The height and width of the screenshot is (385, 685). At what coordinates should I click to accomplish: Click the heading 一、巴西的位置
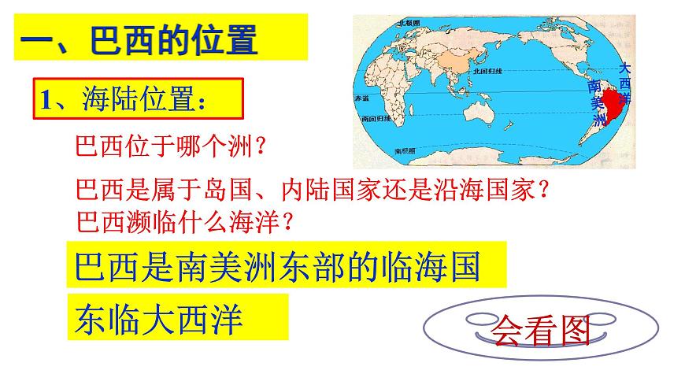pyautogui.click(x=139, y=39)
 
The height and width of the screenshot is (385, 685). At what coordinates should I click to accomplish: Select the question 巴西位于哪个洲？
pyautogui.click(x=170, y=146)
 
